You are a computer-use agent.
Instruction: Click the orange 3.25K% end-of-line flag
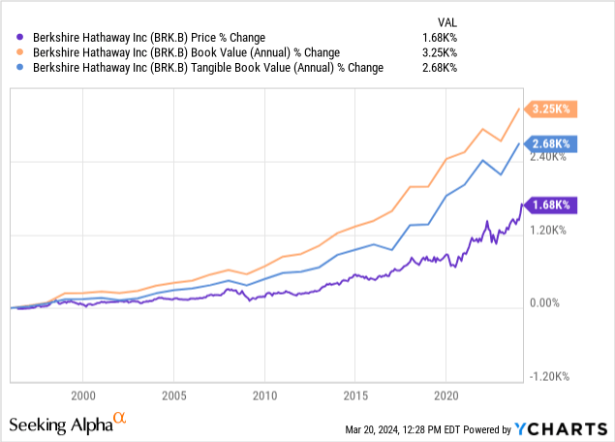coord(548,110)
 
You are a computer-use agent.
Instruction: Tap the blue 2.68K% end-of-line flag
coord(549,144)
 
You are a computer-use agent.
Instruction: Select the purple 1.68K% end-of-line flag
coord(549,205)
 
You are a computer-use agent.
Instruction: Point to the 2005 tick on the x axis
coord(173,395)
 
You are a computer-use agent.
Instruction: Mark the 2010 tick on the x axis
coord(264,395)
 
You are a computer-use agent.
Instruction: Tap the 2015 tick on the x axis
coord(354,395)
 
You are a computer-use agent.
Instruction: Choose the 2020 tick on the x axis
coord(446,395)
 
